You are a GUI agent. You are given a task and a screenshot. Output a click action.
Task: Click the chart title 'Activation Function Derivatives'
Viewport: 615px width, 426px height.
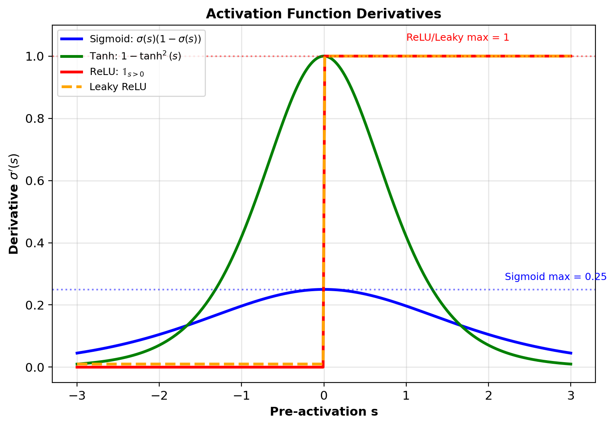[x=323, y=14]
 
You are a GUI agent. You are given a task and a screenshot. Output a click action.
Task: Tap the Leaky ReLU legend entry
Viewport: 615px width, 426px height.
[x=118, y=87]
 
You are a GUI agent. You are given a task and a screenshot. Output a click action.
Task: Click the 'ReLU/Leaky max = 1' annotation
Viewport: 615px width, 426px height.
[x=457, y=37]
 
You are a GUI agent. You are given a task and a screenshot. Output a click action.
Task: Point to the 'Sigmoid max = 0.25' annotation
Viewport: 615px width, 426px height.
[x=555, y=277]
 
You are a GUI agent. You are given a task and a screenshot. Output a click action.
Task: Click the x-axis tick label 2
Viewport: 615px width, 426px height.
[x=488, y=396]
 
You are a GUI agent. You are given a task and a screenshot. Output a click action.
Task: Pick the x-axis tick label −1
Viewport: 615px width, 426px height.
[x=241, y=396]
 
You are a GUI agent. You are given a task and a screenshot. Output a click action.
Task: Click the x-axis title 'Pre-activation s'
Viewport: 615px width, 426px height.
[x=324, y=412]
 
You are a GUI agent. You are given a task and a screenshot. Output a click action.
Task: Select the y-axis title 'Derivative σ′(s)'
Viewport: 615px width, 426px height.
[x=14, y=204]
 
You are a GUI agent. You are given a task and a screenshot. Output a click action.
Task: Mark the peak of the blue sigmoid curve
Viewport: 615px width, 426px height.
[x=324, y=289]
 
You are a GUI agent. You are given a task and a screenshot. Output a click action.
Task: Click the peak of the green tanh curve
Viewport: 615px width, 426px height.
[x=324, y=56]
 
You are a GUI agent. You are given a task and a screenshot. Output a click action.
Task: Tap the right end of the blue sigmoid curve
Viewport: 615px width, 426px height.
[x=571, y=353]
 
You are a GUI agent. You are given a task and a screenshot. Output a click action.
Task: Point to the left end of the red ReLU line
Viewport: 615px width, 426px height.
[x=77, y=367]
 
